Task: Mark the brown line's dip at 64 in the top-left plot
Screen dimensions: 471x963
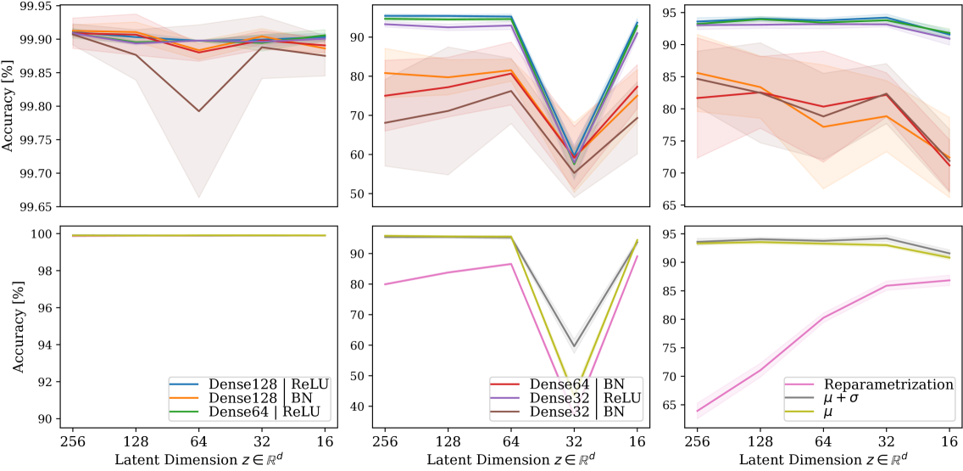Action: pos(199,111)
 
